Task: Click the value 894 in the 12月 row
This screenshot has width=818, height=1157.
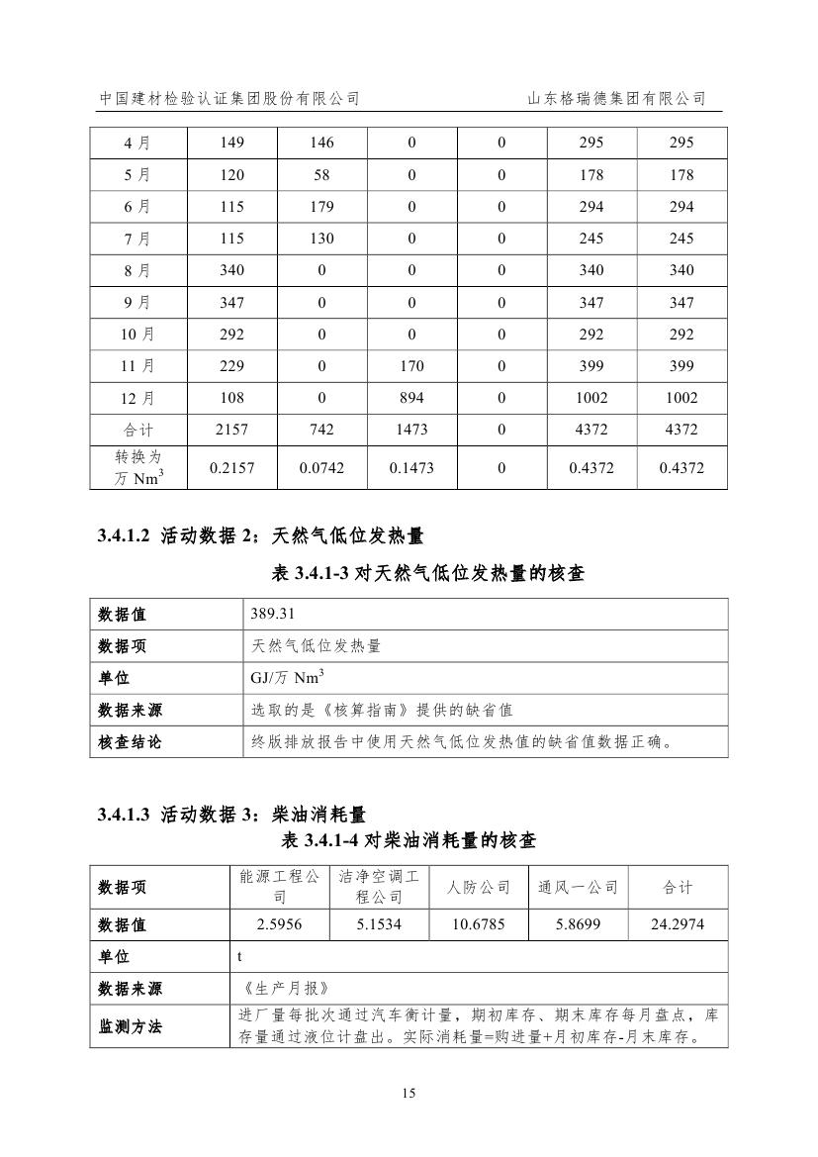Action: (x=411, y=398)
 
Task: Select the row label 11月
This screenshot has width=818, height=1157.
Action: (x=137, y=366)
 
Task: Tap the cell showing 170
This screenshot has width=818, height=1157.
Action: (x=411, y=366)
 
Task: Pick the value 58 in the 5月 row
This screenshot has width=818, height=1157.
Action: (x=322, y=175)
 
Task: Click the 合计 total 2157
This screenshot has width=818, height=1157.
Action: (x=232, y=430)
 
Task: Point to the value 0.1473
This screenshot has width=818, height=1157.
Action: (x=411, y=468)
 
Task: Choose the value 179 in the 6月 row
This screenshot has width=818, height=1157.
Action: (x=322, y=207)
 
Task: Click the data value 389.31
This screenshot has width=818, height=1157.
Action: (x=271, y=614)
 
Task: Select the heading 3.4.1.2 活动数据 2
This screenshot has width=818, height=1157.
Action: (x=261, y=536)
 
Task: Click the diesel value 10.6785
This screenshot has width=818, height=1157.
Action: (x=479, y=925)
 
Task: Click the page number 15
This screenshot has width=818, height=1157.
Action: (x=409, y=1094)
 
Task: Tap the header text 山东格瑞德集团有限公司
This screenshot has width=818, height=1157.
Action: (x=616, y=99)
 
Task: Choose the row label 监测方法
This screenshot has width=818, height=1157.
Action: (x=130, y=1026)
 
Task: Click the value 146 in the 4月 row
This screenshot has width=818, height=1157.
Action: (x=322, y=143)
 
